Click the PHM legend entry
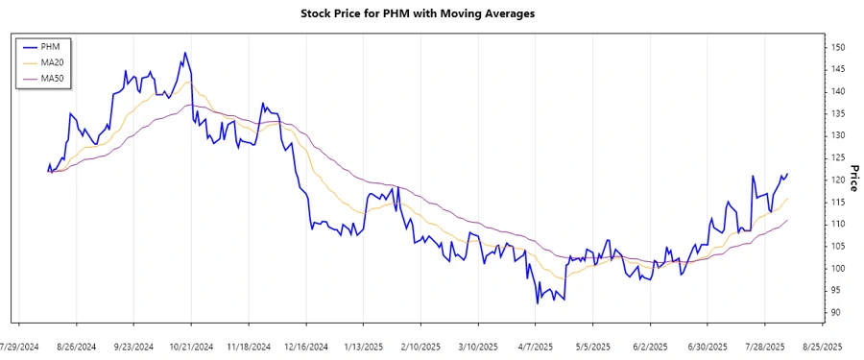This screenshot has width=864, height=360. (x=50, y=46)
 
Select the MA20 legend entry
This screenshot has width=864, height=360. (x=52, y=61)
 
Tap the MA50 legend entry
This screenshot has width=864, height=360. (x=52, y=77)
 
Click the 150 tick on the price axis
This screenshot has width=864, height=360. (x=838, y=47)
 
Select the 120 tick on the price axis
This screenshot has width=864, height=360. (x=838, y=180)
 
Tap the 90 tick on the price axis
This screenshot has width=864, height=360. (x=838, y=313)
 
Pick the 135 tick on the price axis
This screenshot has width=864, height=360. (x=838, y=113)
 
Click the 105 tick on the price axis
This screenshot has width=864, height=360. (x=838, y=247)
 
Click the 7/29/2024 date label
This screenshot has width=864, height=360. (x=20, y=346)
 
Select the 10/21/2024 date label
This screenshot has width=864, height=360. (x=191, y=346)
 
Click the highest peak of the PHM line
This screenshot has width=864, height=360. (x=184, y=53)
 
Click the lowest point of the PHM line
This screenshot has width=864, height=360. (x=538, y=303)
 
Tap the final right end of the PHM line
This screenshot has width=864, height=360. (x=787, y=174)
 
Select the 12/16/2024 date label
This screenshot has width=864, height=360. (x=306, y=346)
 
